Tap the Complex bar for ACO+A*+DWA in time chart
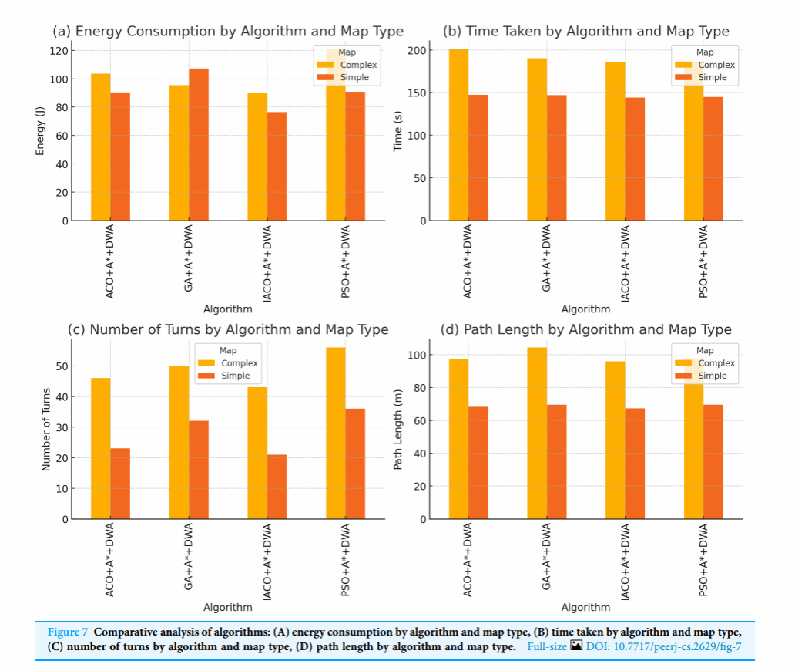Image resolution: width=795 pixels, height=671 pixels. point(459,135)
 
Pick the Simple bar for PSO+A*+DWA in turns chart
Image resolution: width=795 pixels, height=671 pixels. point(355,464)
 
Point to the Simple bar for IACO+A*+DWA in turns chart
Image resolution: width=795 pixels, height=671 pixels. point(277,487)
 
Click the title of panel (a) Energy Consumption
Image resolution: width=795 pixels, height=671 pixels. point(227,32)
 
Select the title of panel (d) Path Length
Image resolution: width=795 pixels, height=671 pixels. point(585,329)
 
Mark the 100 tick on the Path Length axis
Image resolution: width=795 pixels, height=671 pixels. point(420,355)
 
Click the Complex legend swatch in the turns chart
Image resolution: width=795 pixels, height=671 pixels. point(207,363)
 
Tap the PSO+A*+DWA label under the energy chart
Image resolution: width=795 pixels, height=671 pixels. point(346,261)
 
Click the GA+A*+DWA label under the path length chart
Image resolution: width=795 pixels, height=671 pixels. point(545,560)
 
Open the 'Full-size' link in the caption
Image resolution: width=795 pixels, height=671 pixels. point(547,646)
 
